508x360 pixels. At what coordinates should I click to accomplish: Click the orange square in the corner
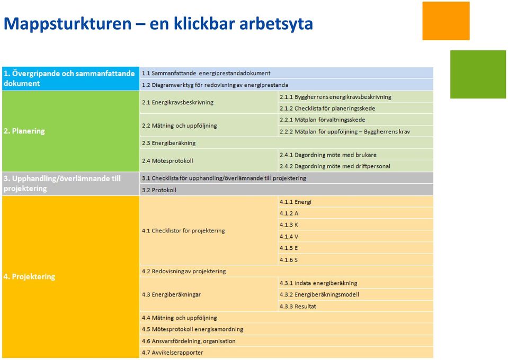[x=446, y=21]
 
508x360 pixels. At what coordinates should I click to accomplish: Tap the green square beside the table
[x=478, y=74]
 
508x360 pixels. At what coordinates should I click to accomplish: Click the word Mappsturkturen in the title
[x=67, y=24]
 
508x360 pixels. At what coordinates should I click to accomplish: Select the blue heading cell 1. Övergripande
[x=70, y=79]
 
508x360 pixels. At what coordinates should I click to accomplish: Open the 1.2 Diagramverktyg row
[x=287, y=85]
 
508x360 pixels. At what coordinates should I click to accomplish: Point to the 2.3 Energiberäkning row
[x=287, y=143]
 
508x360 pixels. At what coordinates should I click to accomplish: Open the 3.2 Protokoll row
[x=287, y=190]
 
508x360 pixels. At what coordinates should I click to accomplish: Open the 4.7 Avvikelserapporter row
[x=287, y=353]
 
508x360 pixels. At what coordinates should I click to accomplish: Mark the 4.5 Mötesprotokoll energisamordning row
[x=287, y=329]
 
